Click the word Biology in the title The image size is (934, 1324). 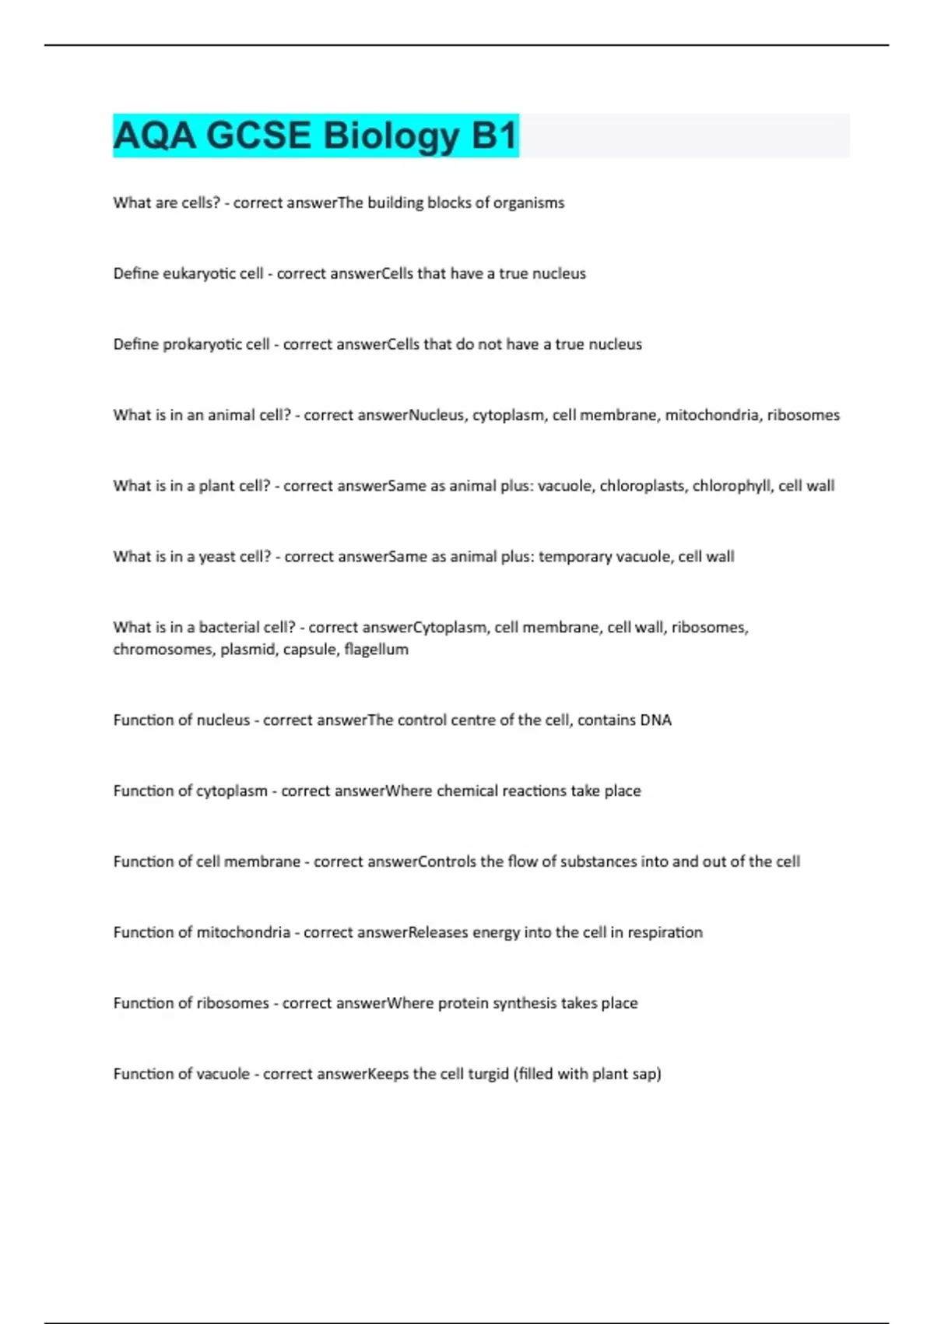click(391, 136)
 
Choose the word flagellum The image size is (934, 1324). click(376, 650)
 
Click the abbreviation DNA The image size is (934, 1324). click(655, 720)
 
